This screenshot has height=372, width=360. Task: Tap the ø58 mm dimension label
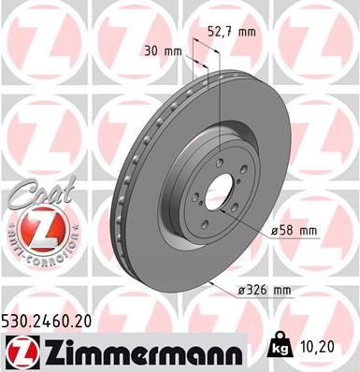point(295,230)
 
